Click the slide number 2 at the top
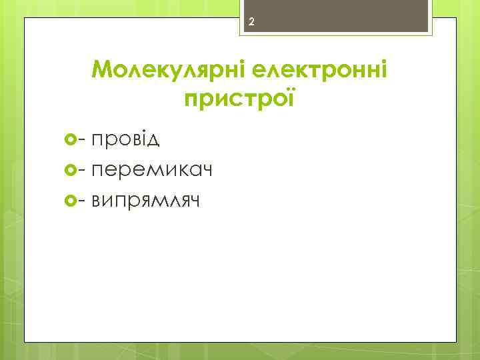click(252, 23)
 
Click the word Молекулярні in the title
click(167, 68)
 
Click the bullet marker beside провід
click(72, 140)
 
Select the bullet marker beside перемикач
click(72, 170)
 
